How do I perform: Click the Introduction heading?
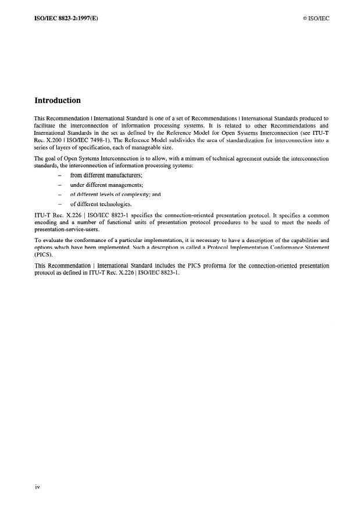[57, 101]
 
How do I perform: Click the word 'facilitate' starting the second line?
[45, 126]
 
